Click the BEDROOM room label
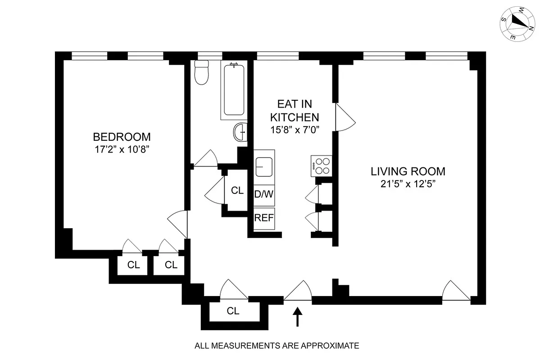tap(122, 136)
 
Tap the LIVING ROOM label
tap(408, 171)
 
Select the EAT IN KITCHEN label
tap(294, 111)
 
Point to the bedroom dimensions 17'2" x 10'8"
tap(122, 148)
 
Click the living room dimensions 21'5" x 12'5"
tap(408, 184)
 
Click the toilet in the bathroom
tap(201, 73)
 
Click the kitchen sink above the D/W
tap(264, 167)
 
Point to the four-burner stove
tap(321, 166)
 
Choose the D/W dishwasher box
tap(264, 195)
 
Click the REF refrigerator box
tap(264, 218)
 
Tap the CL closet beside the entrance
tap(233, 310)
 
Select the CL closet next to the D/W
tap(237, 190)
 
